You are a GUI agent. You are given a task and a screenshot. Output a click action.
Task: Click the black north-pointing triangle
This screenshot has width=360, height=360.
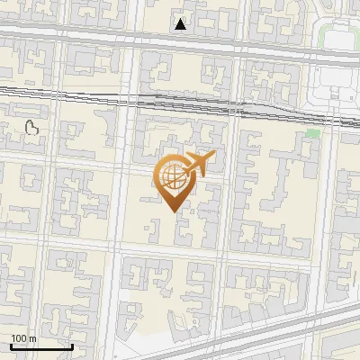coord(181,24)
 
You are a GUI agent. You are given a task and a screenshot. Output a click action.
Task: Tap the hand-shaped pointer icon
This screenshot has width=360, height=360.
coord(33,129)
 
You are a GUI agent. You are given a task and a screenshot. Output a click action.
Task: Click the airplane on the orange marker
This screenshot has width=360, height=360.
coord(198,164)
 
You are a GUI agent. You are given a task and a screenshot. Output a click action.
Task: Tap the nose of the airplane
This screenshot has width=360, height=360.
coord(213,155)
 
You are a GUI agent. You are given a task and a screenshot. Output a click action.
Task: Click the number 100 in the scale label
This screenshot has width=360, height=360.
coord(19,339)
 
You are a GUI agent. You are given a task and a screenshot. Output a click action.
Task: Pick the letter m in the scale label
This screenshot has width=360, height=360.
coord(32,339)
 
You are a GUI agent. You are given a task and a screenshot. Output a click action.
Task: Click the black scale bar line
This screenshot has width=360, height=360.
coord(40,346)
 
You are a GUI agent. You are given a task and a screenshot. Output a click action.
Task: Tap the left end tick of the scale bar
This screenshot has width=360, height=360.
coord(10,345)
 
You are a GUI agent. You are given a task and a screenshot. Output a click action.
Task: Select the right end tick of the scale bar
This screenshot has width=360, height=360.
coord(71,345)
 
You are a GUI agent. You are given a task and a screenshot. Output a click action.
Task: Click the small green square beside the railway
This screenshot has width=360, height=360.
coord(312,133)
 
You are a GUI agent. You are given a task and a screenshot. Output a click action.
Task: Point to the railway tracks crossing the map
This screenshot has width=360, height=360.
coord(90,91)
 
